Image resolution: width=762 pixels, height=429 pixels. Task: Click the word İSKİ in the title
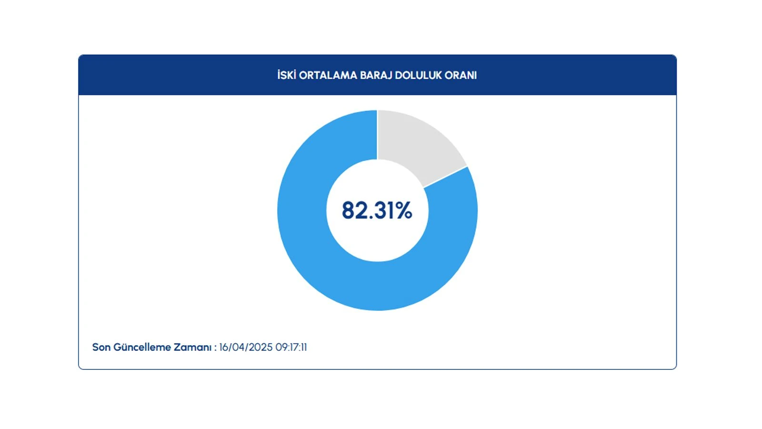click(287, 75)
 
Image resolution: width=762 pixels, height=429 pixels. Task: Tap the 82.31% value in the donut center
click(377, 210)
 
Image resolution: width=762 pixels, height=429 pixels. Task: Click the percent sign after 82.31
click(404, 210)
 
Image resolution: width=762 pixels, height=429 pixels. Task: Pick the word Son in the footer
click(101, 347)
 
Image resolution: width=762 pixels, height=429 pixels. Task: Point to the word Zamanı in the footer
click(192, 347)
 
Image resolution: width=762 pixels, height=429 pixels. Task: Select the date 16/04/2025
click(246, 347)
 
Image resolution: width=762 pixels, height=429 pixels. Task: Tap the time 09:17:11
click(291, 347)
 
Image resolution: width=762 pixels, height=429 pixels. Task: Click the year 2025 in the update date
click(261, 347)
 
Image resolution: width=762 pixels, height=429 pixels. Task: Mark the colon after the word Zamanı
click(215, 347)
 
